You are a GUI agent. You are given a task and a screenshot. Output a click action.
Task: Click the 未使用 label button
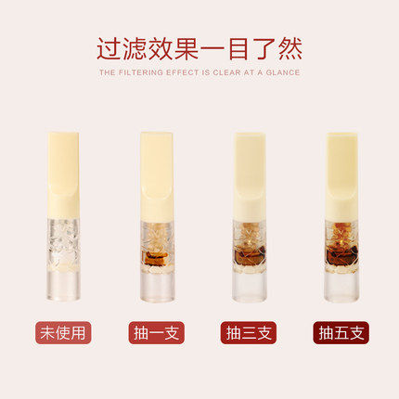[x=63, y=333]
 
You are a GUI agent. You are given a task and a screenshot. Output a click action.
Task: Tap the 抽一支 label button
[x=156, y=333]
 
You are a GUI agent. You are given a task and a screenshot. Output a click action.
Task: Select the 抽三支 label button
[x=249, y=333]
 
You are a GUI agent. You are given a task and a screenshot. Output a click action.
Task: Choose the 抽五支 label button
[x=341, y=333]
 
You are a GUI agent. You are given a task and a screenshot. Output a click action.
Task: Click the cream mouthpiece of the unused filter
[x=63, y=175]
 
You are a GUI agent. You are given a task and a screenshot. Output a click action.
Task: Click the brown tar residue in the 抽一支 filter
[x=155, y=258]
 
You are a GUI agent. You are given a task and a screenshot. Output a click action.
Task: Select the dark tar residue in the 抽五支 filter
[x=341, y=254]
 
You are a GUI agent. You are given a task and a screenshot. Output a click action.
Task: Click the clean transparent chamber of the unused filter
[x=64, y=244]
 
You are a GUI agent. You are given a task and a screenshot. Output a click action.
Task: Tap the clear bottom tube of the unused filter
[x=64, y=286]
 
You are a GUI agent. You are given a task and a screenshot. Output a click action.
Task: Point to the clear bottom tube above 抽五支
[x=342, y=286]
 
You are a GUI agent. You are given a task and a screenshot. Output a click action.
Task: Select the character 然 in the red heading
[x=290, y=49]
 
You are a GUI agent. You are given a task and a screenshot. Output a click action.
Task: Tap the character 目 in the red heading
[x=238, y=49]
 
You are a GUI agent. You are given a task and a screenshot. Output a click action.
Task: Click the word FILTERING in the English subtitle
[x=141, y=72]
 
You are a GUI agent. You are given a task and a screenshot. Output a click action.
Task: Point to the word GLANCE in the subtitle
[x=283, y=72]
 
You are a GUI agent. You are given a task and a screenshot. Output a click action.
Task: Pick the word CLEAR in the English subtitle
[x=226, y=72]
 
